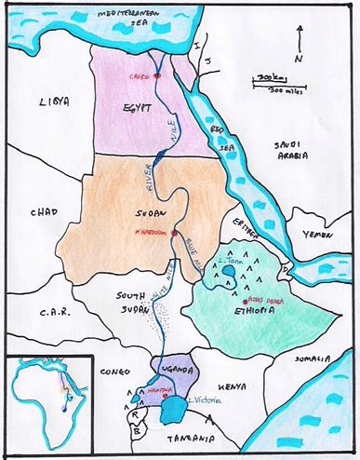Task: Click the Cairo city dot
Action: pyautogui.click(x=158, y=75)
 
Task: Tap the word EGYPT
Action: pyautogui.click(x=136, y=108)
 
